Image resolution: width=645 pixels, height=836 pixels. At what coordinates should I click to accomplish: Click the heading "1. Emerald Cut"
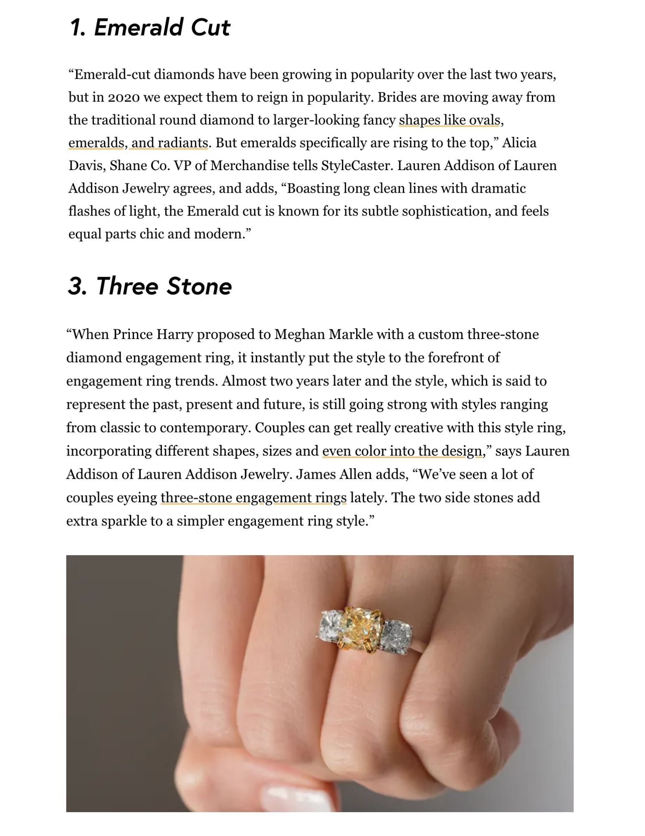point(149,28)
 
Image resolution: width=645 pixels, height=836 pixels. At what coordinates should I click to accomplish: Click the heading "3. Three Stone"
point(149,287)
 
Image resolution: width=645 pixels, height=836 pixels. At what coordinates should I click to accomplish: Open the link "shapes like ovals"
point(449,120)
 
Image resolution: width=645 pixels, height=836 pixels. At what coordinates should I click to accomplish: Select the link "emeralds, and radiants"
point(138,143)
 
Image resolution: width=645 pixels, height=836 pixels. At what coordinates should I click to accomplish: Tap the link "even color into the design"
point(402,451)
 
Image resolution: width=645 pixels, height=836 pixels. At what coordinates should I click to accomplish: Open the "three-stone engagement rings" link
point(253,498)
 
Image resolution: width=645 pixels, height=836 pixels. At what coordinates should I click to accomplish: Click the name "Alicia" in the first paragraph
point(519,143)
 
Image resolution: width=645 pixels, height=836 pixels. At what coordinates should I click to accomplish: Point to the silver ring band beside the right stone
point(422,644)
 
